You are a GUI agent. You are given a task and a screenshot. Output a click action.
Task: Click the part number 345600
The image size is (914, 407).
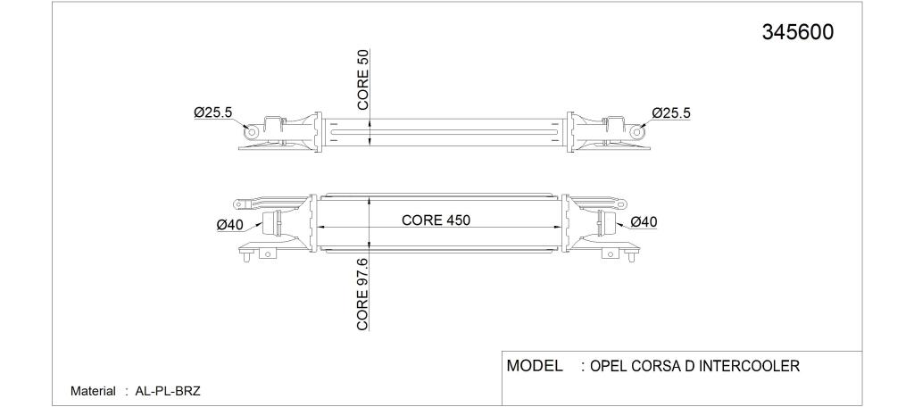[x=797, y=33]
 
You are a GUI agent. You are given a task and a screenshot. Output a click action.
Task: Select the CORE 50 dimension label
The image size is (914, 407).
[x=363, y=79]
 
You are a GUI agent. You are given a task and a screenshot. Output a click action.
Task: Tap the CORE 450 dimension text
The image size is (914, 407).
[x=436, y=220]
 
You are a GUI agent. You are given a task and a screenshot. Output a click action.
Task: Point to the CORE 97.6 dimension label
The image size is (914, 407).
[x=363, y=295]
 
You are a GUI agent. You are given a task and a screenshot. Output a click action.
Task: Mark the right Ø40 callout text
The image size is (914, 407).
[x=644, y=221]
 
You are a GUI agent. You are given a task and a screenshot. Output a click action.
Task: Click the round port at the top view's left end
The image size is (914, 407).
[x=251, y=132]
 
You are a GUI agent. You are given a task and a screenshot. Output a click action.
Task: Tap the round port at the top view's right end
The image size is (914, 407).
[x=638, y=132]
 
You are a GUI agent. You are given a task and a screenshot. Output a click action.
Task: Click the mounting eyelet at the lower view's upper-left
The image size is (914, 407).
[x=239, y=204]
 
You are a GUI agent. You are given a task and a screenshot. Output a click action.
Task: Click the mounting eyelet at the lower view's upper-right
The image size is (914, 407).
[x=622, y=204]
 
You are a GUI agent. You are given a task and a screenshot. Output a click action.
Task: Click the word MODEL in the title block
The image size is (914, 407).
[x=535, y=366]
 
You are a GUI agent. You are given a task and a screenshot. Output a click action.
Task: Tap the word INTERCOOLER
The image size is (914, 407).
[x=749, y=366]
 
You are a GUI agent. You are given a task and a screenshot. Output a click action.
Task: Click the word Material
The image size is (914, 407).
[x=93, y=391]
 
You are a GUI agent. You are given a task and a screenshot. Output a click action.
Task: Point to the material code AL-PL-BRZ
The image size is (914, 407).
[x=168, y=391]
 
